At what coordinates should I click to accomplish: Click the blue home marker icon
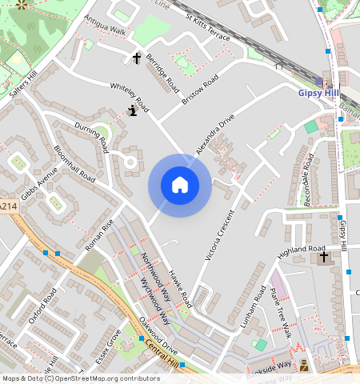180,186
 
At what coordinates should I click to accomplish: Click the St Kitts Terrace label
207,27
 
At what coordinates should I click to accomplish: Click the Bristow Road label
200,90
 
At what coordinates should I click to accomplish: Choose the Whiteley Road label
130,94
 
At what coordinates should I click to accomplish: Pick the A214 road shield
8,206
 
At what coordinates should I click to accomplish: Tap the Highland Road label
302,250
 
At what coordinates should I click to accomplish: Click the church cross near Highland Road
324,257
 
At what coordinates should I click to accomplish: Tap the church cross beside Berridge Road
137,58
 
